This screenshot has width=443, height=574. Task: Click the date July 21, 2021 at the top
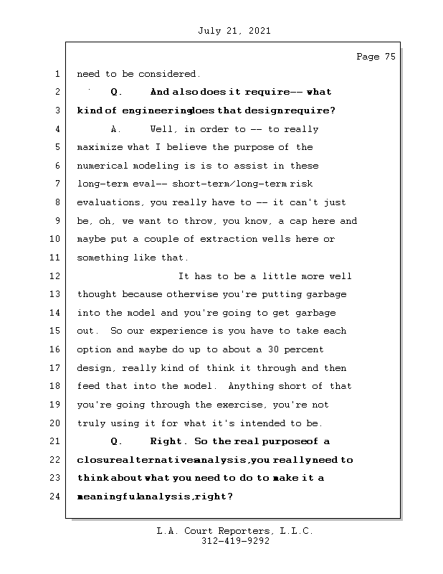233,31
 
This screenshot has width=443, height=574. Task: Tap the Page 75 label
376,57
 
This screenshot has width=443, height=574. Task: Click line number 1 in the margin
57,74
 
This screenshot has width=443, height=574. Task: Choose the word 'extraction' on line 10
239,240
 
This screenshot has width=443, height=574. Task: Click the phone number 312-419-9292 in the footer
235,542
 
